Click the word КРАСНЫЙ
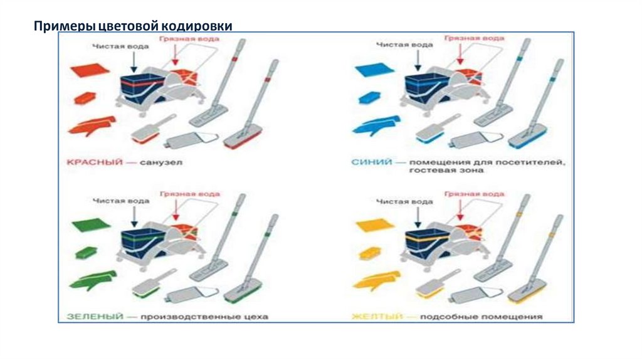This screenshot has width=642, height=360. point(87,162)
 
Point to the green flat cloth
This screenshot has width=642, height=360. point(90,224)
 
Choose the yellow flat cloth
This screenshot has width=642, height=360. point(374,224)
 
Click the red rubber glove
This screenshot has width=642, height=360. point(92,125)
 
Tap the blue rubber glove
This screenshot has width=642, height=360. point(376,125)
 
